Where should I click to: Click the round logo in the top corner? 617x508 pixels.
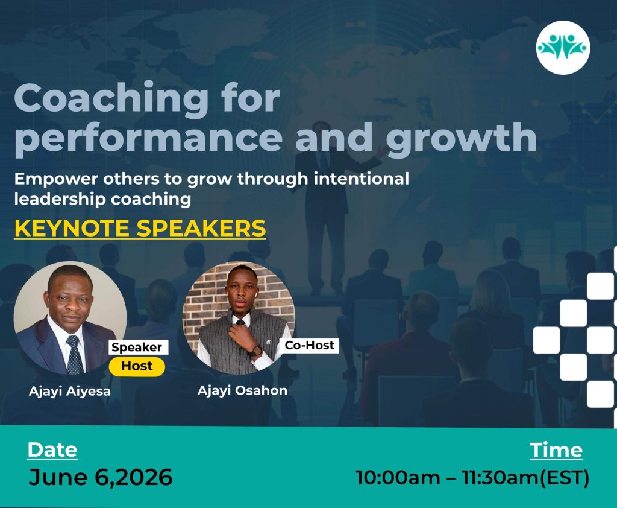coord(563,48)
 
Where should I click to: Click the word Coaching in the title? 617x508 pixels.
coord(111,100)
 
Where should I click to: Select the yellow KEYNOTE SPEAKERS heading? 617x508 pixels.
coord(140,228)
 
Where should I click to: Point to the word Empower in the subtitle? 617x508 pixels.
coord(56,179)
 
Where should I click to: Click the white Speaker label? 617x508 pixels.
coord(137,347)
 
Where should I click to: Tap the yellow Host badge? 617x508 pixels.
coord(137,366)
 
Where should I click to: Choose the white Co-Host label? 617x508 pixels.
coord(309,345)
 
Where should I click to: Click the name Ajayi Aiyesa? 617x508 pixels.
coord(70,392)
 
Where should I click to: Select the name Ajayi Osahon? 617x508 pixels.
coord(242,390)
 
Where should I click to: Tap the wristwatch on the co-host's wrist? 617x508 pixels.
coord(255,351)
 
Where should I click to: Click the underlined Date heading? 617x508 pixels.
coord(52,450)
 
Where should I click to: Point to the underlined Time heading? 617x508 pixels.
coord(556,450)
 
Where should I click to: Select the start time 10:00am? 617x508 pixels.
coord(398,478)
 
